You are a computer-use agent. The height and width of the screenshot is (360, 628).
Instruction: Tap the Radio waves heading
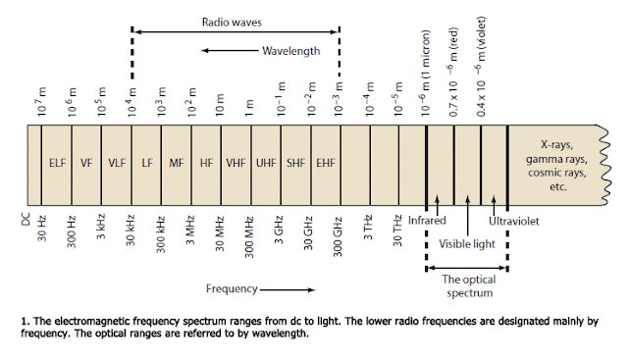pyautogui.click(x=235, y=21)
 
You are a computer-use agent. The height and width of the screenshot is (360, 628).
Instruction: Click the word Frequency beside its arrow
pyautogui.click(x=232, y=289)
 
